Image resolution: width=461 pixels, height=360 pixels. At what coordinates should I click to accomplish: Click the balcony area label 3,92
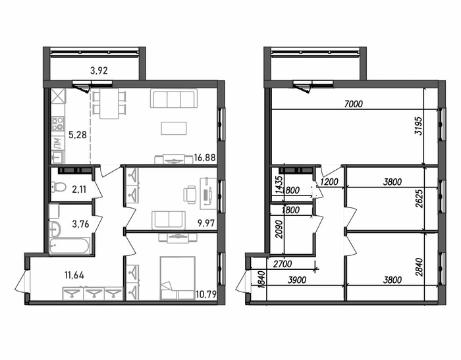tap(99, 70)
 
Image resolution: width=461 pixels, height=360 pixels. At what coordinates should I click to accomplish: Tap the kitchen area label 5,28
tap(78, 135)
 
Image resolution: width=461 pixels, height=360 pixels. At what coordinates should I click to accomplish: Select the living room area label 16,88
tap(205, 158)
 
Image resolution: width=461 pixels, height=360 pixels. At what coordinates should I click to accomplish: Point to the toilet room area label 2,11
tap(79, 190)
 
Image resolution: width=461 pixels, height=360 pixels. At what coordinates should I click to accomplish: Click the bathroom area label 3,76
tap(80, 224)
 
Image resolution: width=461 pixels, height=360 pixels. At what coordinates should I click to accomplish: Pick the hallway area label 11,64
tap(74, 275)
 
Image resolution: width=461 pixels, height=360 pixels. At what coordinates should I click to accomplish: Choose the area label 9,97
tap(206, 224)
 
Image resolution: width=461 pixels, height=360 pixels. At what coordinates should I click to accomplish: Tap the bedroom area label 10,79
tap(205, 294)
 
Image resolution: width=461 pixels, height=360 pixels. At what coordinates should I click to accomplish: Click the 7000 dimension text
tap(353, 104)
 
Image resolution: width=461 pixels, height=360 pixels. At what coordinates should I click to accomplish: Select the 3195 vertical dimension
tap(418, 126)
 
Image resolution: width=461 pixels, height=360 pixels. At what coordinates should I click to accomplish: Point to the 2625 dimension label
tap(419, 199)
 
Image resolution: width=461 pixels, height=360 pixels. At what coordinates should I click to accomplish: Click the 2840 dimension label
tap(419, 267)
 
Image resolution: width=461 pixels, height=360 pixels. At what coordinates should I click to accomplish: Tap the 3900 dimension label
tap(296, 280)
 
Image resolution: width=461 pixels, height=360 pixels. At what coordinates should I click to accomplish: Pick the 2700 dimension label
tap(283, 264)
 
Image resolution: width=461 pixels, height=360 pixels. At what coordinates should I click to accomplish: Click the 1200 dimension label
tap(329, 182)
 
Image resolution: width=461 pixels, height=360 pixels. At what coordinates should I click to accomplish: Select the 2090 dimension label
tap(279, 230)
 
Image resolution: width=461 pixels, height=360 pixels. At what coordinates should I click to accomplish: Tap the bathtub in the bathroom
tap(69, 245)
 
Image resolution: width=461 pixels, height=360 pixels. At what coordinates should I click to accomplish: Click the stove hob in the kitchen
tap(58, 124)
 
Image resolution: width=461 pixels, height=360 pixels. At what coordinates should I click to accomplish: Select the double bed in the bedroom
tap(178, 278)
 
